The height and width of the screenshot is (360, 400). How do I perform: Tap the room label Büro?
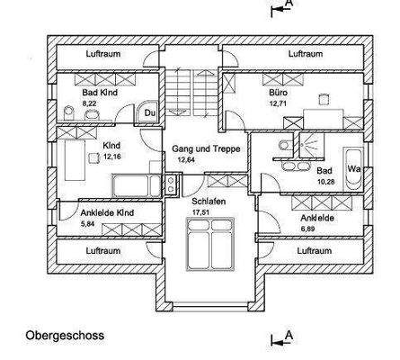coord(277,93)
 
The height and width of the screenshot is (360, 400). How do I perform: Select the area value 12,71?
coord(277,103)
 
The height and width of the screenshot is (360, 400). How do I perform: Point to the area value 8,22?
coord(89,104)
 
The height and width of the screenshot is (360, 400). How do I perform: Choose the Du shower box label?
coord(150,112)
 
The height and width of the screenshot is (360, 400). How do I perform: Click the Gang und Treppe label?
coord(206,148)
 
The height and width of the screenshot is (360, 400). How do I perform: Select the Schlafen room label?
coord(208,202)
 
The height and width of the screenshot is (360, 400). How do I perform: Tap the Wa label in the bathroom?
coord(354,169)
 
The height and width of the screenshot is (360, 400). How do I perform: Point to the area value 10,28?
coord(325,181)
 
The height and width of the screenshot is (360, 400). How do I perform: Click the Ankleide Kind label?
coord(94,213)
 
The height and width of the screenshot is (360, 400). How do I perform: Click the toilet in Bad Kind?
coord(72,112)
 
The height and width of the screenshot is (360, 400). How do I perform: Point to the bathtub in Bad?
coord(353,180)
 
